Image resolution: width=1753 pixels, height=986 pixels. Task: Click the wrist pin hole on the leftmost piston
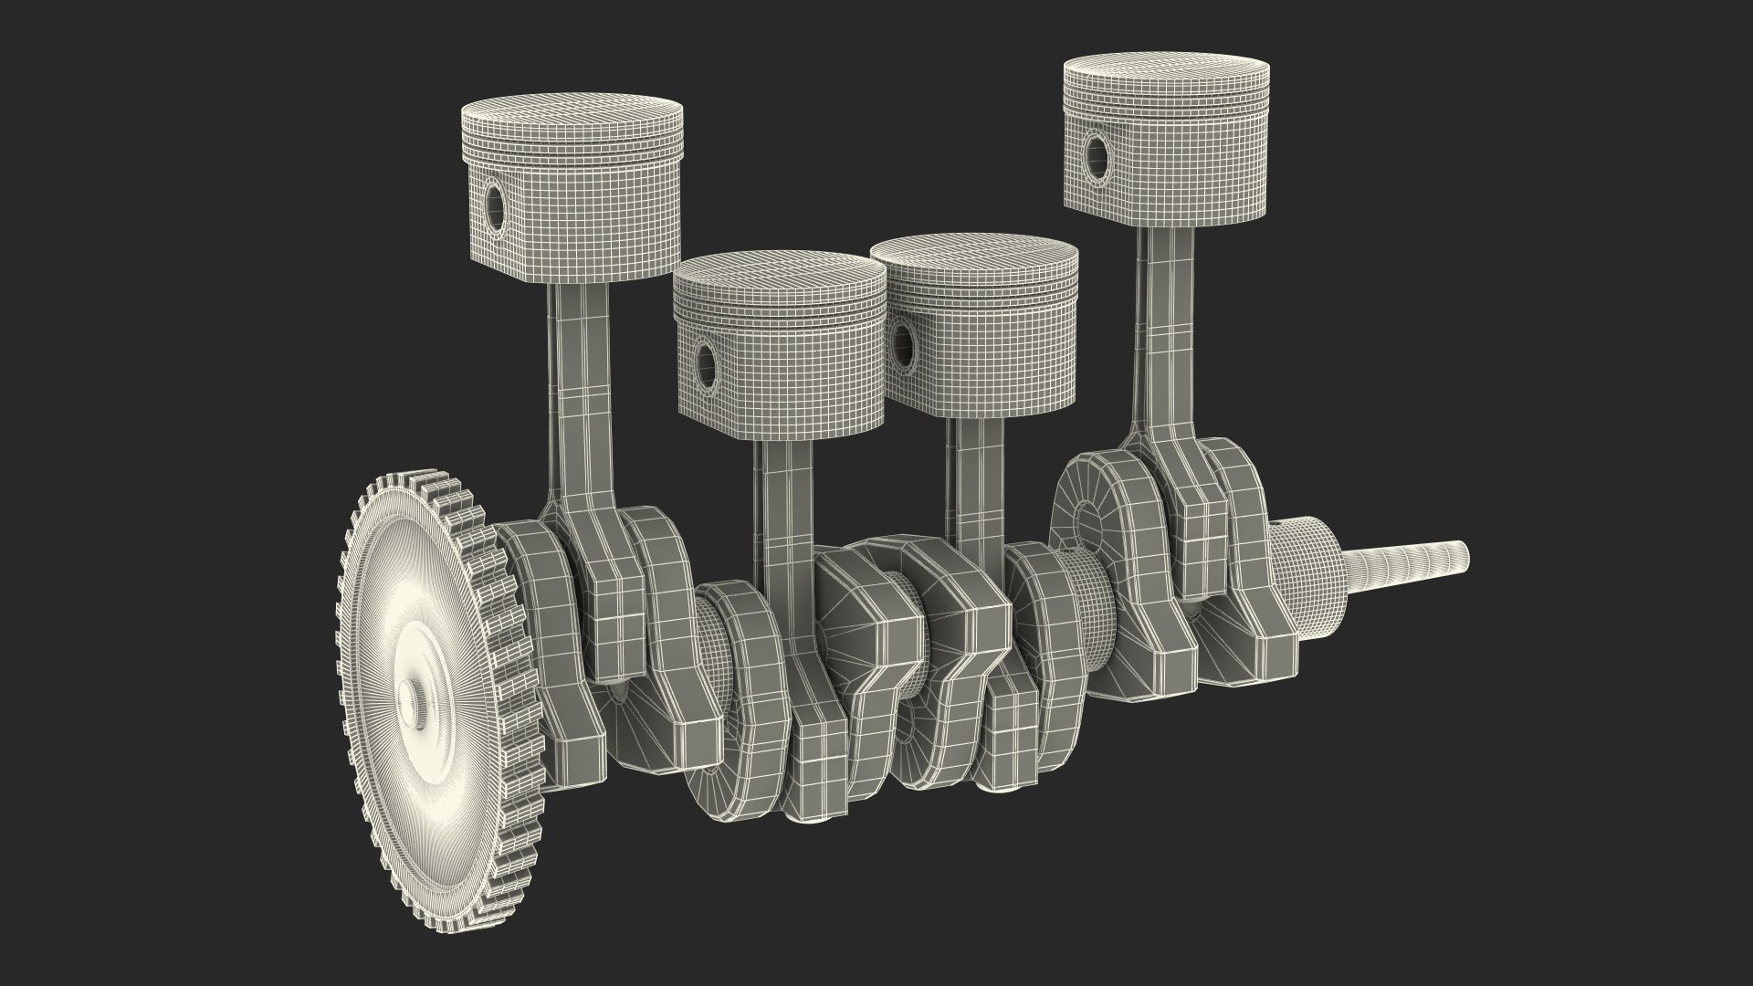pyautogui.click(x=494, y=208)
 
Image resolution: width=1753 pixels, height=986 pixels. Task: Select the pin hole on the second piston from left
pyautogui.click(x=706, y=359)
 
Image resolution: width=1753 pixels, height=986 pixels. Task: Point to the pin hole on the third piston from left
pyautogui.click(x=904, y=346)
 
